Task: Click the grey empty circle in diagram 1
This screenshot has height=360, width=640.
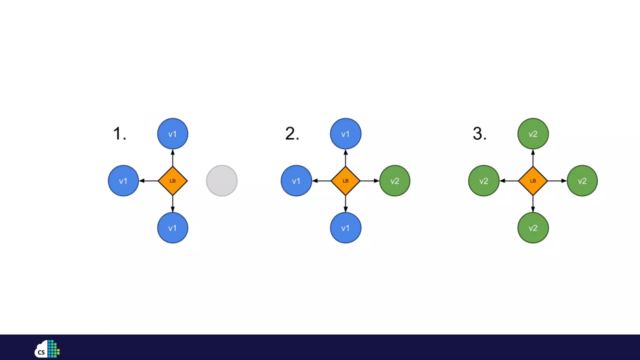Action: pyautogui.click(x=222, y=181)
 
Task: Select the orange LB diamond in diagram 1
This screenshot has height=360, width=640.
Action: pyautogui.click(x=173, y=181)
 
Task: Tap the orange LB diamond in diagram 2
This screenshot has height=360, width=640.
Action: pyautogui.click(x=346, y=181)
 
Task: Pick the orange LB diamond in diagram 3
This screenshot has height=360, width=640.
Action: pyautogui.click(x=533, y=181)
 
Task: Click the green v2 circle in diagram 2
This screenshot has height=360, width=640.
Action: pyautogui.click(x=395, y=181)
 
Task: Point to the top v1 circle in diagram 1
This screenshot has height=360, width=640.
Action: pyautogui.click(x=173, y=134)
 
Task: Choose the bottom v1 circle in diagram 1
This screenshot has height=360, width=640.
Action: pyautogui.click(x=173, y=228)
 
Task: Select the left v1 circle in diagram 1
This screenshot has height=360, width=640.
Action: pyautogui.click(x=123, y=181)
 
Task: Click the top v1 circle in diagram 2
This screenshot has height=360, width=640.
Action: pyautogui.click(x=346, y=134)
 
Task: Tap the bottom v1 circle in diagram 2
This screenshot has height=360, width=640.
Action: pyautogui.click(x=346, y=228)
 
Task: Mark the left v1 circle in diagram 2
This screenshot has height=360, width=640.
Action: pyautogui.click(x=296, y=181)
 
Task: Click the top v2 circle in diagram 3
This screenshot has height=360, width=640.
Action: pyautogui.click(x=533, y=134)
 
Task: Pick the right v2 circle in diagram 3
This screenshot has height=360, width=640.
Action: pyautogui.click(x=582, y=181)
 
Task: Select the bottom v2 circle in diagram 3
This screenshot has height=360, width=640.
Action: pyautogui.click(x=533, y=228)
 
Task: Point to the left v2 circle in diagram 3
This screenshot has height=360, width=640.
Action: pyautogui.click(x=484, y=181)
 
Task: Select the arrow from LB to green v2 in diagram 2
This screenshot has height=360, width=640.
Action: pyautogui.click(x=370, y=181)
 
